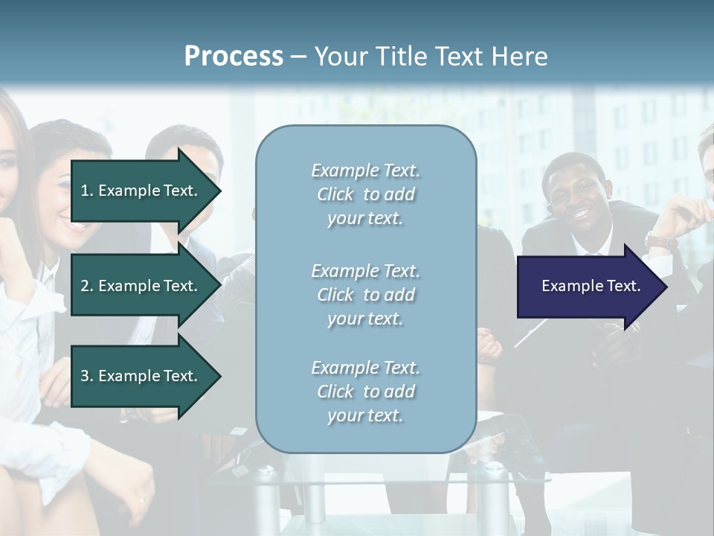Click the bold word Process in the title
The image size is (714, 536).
(234, 57)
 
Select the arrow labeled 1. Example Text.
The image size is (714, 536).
(141, 191)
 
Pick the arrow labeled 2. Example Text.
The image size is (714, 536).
(141, 286)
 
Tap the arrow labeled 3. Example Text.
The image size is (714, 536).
(141, 376)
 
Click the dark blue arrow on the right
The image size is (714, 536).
(588, 287)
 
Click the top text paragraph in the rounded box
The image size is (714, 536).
(365, 194)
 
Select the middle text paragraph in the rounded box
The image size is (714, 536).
(365, 295)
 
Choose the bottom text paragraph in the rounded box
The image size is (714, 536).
(365, 392)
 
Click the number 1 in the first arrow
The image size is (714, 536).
(85, 191)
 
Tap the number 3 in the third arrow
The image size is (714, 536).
(85, 376)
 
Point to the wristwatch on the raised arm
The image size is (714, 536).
(660, 241)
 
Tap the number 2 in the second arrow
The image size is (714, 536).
(85, 286)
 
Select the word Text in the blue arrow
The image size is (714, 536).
(623, 286)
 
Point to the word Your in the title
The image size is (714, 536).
(339, 57)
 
